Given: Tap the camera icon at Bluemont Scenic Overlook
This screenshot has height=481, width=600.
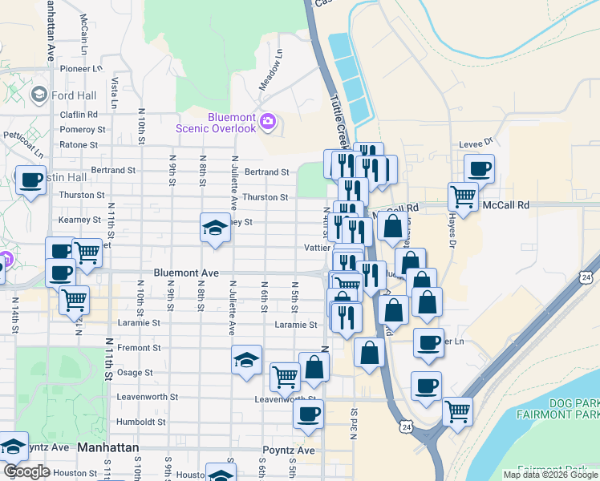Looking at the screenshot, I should pyautogui.click(x=267, y=122).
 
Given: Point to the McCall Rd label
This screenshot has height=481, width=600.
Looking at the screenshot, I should pyautogui.click(x=506, y=205).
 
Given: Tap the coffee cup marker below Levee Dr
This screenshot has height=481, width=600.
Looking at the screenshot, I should pyautogui.click(x=479, y=169).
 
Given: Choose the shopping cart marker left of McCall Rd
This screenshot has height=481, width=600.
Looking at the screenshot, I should pyautogui.click(x=462, y=195).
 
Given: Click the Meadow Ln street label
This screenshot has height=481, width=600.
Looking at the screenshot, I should pyautogui.click(x=271, y=71).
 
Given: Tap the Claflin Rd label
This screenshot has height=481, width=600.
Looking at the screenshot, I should pyautogui.click(x=79, y=115).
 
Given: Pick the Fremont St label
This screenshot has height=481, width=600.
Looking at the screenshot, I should pyautogui.click(x=134, y=348).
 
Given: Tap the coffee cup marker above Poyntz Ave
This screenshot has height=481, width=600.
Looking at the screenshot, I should pyautogui.click(x=308, y=414).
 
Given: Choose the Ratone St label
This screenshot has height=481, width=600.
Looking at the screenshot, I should pyautogui.click(x=79, y=145).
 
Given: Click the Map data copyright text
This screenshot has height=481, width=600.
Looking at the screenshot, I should pyautogui.click(x=549, y=475).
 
